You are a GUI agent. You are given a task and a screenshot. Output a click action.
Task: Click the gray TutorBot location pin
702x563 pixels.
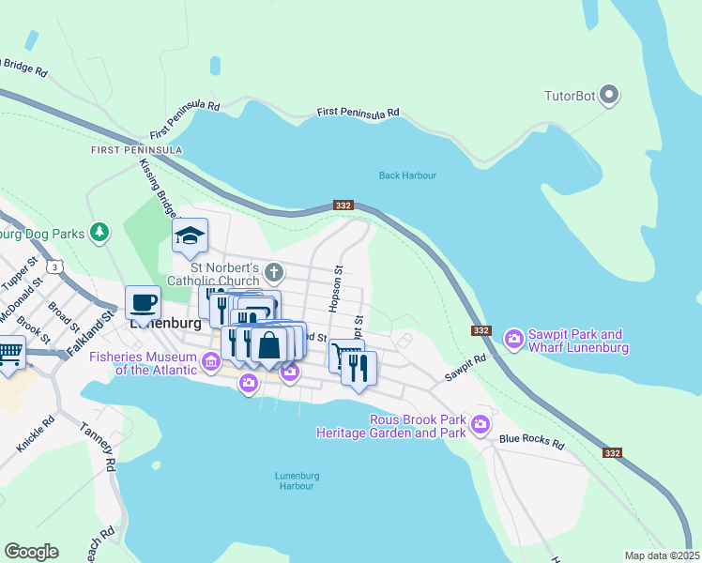(609, 95)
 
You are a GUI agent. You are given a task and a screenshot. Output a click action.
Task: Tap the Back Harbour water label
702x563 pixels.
(407, 175)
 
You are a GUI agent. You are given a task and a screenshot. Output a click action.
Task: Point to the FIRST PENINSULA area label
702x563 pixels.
(136, 150)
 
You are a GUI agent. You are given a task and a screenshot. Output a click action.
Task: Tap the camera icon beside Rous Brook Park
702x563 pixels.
(481, 424)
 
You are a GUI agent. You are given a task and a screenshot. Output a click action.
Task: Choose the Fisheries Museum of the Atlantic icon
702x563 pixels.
(211, 361)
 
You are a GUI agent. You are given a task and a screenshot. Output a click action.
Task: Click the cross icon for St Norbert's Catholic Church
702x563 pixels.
(273, 273)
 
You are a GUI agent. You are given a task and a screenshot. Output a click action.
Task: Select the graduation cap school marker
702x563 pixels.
(190, 236)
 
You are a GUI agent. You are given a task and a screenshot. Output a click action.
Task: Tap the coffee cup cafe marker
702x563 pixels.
(143, 303)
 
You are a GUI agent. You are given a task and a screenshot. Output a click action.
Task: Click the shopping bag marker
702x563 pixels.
(269, 343)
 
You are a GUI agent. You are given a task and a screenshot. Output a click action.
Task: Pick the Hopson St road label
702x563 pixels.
(335, 288)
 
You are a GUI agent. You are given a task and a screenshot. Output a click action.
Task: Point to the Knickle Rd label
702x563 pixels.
(35, 433)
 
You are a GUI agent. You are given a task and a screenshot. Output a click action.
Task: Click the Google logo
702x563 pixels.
(31, 552)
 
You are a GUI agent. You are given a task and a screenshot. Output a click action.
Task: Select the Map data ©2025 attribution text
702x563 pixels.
(661, 555)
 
